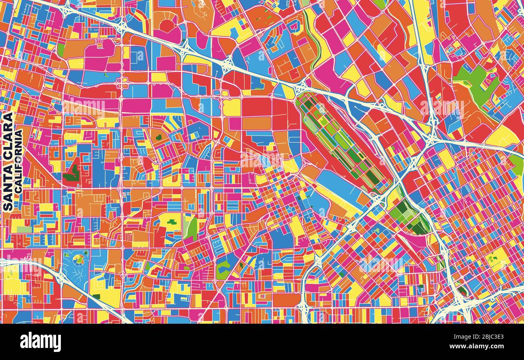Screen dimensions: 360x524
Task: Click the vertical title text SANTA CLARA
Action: [8, 161]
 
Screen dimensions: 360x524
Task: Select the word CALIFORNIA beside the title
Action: [19, 161]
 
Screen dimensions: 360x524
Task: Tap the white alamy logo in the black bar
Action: [40, 342]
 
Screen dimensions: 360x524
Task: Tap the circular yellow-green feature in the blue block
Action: [79, 259]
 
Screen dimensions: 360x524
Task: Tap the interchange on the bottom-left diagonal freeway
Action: [60, 277]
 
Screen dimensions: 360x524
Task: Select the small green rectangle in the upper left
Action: [61, 50]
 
